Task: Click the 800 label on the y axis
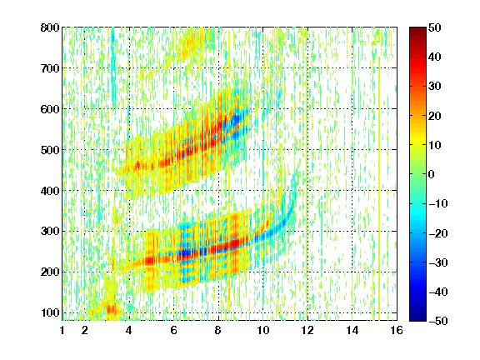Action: click(x=50, y=27)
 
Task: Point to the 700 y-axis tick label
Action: click(x=50, y=68)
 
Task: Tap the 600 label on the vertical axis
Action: click(x=50, y=109)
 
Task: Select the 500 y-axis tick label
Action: click(x=50, y=150)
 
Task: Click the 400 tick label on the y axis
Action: click(x=50, y=191)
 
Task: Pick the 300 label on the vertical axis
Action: click(x=50, y=232)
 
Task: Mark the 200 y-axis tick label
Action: click(x=50, y=272)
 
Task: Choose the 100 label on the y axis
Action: click(x=50, y=312)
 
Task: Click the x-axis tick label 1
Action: click(x=62, y=330)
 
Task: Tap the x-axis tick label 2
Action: click(x=85, y=330)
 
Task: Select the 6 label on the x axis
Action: click(x=174, y=330)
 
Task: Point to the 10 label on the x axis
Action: click(x=263, y=330)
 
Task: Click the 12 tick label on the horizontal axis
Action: click(x=307, y=330)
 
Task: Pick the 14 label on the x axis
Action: click(x=352, y=330)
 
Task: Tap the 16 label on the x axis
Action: click(x=397, y=330)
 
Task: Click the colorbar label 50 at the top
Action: click(x=434, y=27)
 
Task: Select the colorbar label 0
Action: click(x=432, y=174)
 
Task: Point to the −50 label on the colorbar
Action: click(x=437, y=321)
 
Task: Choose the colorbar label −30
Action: click(x=437, y=262)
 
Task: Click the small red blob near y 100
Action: click(x=112, y=309)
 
